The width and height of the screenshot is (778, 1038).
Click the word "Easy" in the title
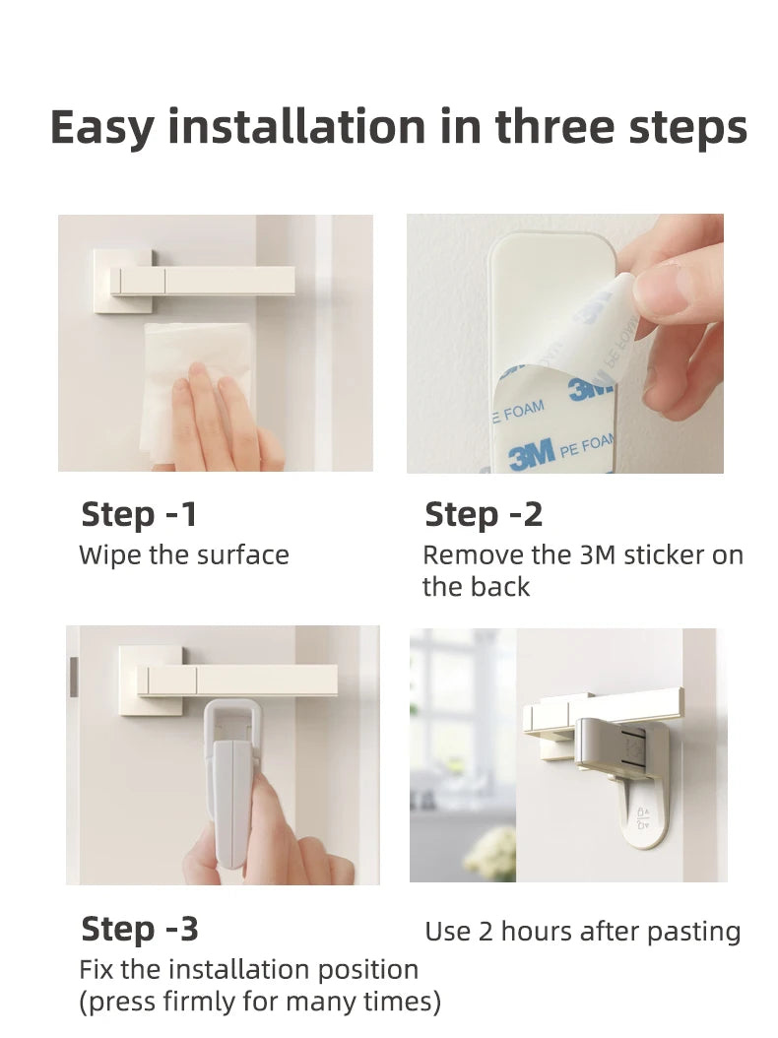point(102,127)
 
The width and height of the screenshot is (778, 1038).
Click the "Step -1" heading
point(139,514)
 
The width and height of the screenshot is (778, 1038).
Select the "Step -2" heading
point(484,514)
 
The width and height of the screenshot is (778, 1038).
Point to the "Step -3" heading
point(139,929)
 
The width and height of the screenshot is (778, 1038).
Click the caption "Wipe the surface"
point(184,554)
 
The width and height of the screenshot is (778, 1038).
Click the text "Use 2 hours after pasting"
point(583,932)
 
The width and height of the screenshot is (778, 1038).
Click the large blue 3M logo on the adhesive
point(532,455)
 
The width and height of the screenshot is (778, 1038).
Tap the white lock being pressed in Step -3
point(230,781)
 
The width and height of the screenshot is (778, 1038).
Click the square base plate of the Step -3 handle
point(152,680)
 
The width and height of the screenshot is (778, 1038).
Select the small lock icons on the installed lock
point(642,816)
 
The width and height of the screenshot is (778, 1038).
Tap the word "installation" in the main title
point(296,126)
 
